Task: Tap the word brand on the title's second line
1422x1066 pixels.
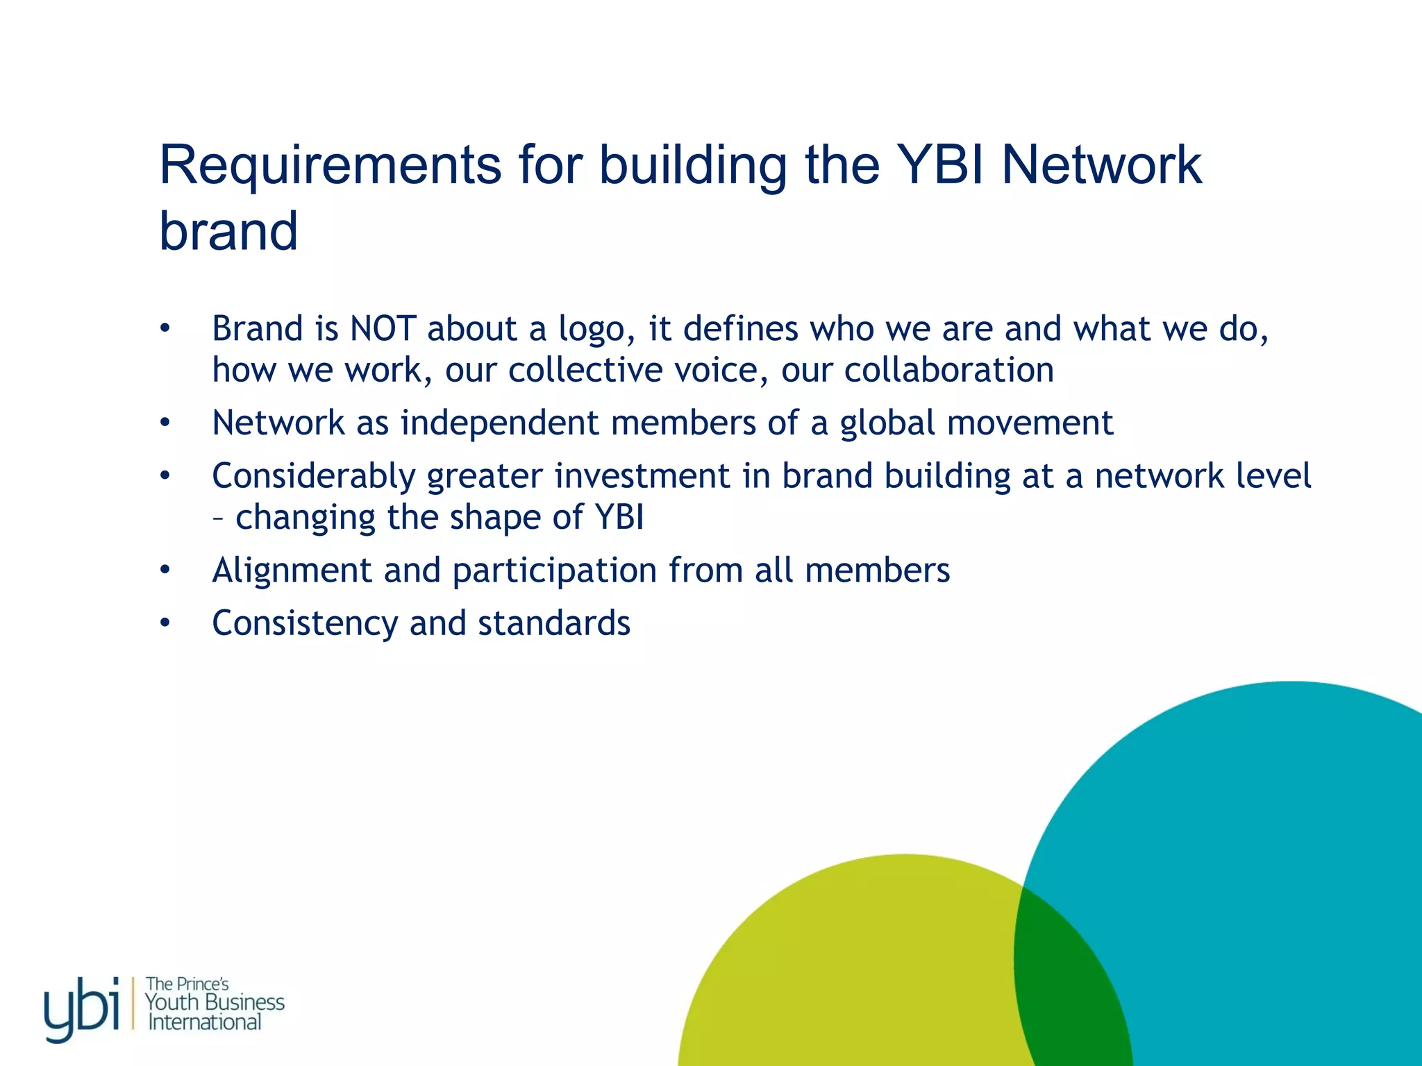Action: coord(228,230)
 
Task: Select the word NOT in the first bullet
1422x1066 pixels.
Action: coord(383,328)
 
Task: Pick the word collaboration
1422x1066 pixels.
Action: coord(948,370)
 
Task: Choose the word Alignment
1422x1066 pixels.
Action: coord(292,570)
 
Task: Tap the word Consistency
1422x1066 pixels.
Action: coord(304,624)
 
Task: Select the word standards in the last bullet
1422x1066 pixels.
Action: coord(554,623)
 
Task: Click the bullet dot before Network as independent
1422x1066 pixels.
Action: coord(165,423)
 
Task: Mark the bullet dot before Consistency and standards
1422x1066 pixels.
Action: coord(165,623)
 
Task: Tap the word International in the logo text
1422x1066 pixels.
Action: coord(205,1022)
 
